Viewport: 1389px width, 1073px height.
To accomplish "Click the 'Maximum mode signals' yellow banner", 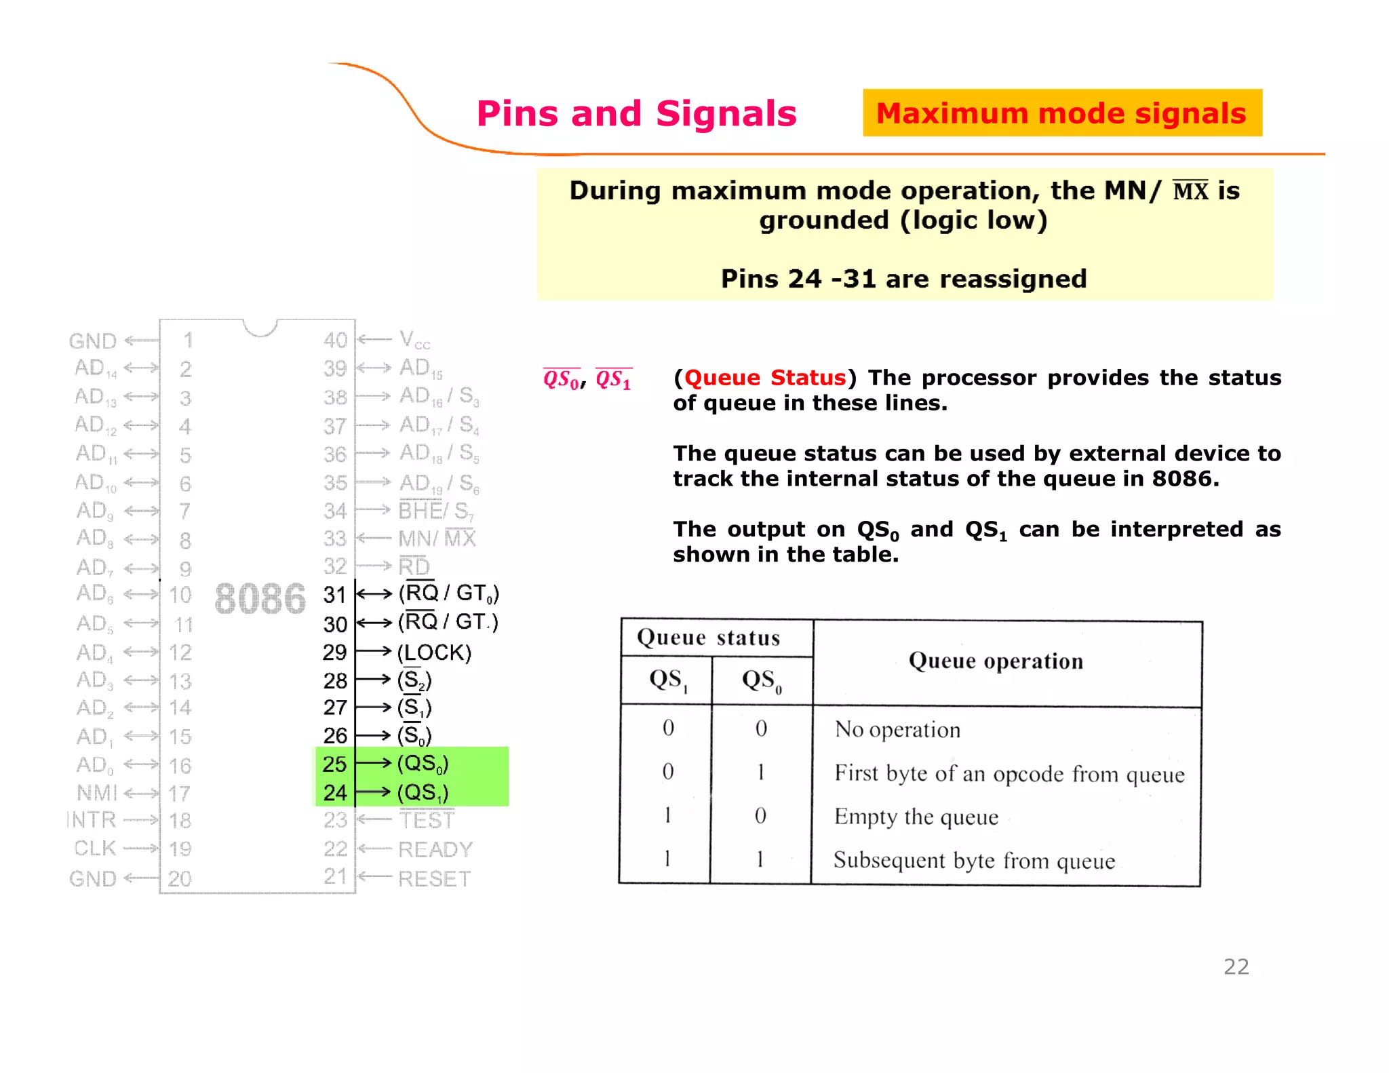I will pos(1061,113).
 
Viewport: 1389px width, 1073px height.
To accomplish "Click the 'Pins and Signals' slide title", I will pos(636,113).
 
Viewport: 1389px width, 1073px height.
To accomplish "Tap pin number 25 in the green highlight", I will pos(335,764).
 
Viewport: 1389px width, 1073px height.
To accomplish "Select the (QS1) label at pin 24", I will pos(423,792).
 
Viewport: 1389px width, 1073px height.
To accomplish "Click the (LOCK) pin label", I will pos(434,652).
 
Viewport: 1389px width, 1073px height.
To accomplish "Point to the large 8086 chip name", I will pos(260,599).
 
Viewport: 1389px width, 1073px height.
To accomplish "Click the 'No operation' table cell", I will pos(897,730).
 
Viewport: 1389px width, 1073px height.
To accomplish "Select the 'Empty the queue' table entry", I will pos(916,817).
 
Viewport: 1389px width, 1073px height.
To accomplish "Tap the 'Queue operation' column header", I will pos(996,661).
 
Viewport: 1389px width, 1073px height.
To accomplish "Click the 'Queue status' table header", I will pos(708,638).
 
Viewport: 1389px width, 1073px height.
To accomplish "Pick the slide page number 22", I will pos(1236,967).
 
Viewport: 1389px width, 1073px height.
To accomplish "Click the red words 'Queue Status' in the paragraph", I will pos(765,378).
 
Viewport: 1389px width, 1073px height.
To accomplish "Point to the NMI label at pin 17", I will pos(97,792).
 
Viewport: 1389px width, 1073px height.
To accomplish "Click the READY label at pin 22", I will pos(435,849).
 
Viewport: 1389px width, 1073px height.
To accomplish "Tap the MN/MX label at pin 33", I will pos(437,539).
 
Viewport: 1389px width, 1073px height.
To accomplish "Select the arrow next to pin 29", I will pos(374,652).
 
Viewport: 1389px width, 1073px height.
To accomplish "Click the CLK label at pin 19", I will pos(95,848).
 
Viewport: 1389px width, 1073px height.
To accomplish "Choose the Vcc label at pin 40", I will pos(414,340).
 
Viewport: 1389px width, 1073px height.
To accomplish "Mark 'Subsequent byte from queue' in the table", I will pos(974,861).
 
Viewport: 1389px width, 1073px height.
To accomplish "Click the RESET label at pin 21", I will pos(434,878).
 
